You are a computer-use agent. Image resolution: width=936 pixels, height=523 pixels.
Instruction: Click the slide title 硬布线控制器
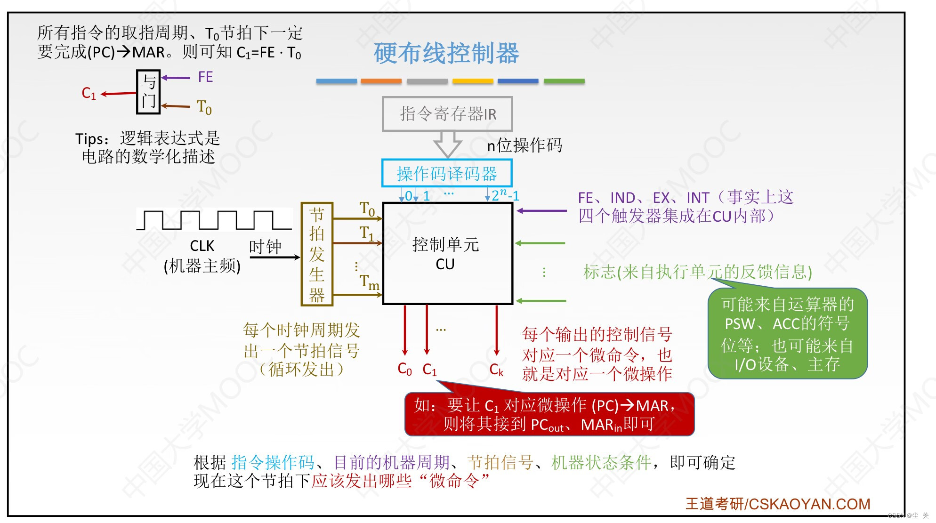tap(446, 53)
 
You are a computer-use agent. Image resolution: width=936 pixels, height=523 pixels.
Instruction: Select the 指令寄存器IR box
tap(447, 114)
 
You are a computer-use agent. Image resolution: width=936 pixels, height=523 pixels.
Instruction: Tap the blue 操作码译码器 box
tap(447, 173)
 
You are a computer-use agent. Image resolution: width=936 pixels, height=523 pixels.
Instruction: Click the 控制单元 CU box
tap(447, 254)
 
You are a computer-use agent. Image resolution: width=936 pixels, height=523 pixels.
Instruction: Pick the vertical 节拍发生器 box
tap(317, 254)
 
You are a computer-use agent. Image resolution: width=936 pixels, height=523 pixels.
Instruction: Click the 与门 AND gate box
tap(148, 92)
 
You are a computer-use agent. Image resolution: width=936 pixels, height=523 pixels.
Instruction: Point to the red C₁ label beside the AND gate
tap(89, 93)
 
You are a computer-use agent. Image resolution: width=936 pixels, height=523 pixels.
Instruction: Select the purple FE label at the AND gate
tap(205, 77)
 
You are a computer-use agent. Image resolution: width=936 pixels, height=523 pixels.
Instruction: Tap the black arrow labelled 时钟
tap(274, 257)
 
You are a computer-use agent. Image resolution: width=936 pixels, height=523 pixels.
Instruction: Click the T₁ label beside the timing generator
tap(367, 233)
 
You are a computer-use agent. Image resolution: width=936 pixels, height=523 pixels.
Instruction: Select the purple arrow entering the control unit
tap(541, 211)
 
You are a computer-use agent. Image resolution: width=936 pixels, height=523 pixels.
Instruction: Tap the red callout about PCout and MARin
tap(549, 414)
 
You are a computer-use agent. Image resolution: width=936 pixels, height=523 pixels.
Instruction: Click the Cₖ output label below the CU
tap(496, 370)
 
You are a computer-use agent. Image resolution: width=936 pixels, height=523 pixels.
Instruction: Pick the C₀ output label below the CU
tap(404, 369)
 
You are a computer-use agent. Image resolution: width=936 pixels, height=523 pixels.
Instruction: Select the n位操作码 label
tap(524, 145)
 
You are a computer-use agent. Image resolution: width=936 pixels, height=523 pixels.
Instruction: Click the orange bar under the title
tap(381, 81)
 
